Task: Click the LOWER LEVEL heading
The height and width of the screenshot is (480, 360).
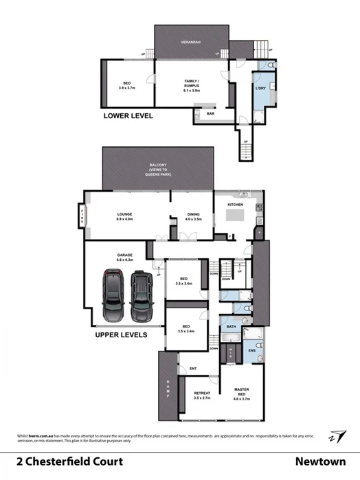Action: point(128,116)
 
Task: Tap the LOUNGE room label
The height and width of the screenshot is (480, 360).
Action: point(128,216)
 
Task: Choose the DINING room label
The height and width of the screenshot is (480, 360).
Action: point(193,216)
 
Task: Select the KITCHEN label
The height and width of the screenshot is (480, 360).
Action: point(236,205)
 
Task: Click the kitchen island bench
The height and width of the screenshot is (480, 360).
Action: point(236,220)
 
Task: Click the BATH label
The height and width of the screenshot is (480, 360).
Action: point(232,327)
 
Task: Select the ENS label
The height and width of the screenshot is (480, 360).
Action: point(251,352)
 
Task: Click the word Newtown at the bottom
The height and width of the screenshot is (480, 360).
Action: point(324,461)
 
